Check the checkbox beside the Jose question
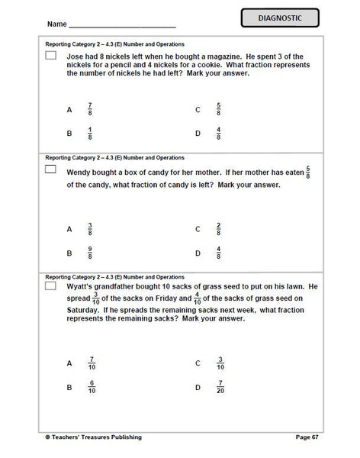click(x=51, y=56)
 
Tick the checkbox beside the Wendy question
click(x=51, y=169)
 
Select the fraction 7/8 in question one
click(x=90, y=109)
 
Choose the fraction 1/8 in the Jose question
click(x=90, y=134)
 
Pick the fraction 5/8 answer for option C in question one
click(x=219, y=109)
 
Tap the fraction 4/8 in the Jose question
click(x=219, y=134)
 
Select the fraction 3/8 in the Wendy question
click(x=90, y=228)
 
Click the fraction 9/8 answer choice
click(x=90, y=253)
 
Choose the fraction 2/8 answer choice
click(x=219, y=228)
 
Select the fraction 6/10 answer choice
click(x=92, y=387)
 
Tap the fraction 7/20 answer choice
click(x=220, y=387)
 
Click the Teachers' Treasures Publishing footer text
click(x=95, y=437)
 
